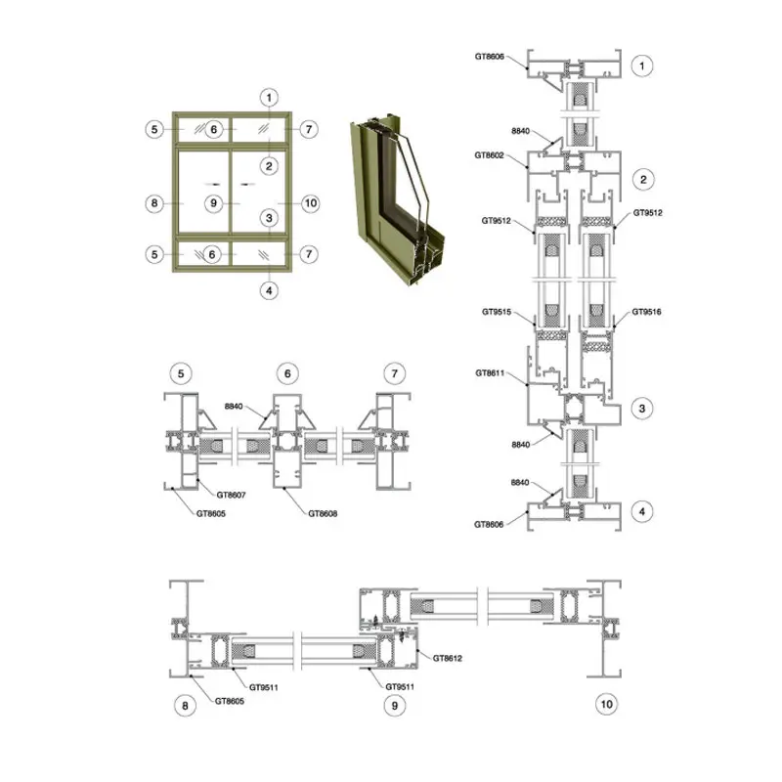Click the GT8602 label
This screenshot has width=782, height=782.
point(489,155)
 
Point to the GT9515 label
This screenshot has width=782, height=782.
point(497,312)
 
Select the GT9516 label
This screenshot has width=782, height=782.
point(646,312)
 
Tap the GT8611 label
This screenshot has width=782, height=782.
point(490,373)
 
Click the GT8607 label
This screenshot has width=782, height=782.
point(231,496)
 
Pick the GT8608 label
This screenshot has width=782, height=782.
point(323,514)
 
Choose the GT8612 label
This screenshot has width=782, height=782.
point(448,658)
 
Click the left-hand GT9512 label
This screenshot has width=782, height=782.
point(497,221)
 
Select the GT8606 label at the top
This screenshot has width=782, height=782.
point(490,57)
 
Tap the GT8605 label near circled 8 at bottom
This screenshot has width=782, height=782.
point(230,701)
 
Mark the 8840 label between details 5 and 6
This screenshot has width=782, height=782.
point(234,407)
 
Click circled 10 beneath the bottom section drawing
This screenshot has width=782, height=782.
point(606,704)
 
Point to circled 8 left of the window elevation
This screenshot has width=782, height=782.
point(154,203)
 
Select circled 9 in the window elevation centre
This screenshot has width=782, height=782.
point(213,203)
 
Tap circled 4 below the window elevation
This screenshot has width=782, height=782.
point(270,290)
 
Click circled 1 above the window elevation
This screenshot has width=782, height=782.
point(270,97)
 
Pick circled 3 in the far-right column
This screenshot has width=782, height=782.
point(642,409)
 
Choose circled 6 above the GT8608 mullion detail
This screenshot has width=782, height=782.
point(287,373)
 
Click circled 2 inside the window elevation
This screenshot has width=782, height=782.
point(270,166)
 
